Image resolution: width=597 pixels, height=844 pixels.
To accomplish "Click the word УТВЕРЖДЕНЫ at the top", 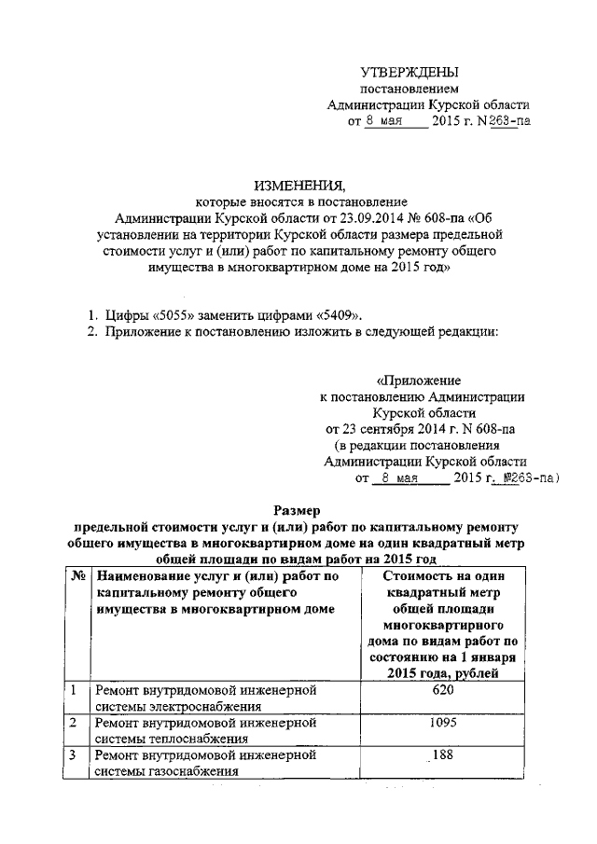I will pyautogui.click(x=410, y=72).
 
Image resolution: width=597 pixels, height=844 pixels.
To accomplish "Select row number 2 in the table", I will pyautogui.click(x=75, y=723).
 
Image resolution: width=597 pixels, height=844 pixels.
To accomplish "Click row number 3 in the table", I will pyautogui.click(x=75, y=755).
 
